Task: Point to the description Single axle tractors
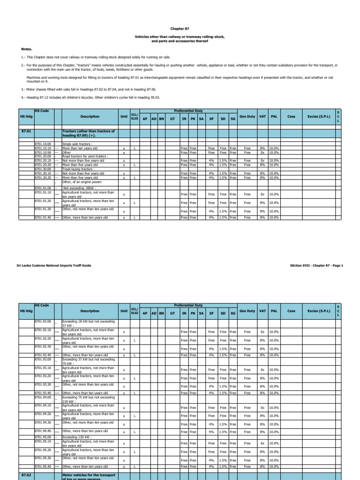click(x=77, y=144)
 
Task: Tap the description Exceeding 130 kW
click(x=77, y=437)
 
